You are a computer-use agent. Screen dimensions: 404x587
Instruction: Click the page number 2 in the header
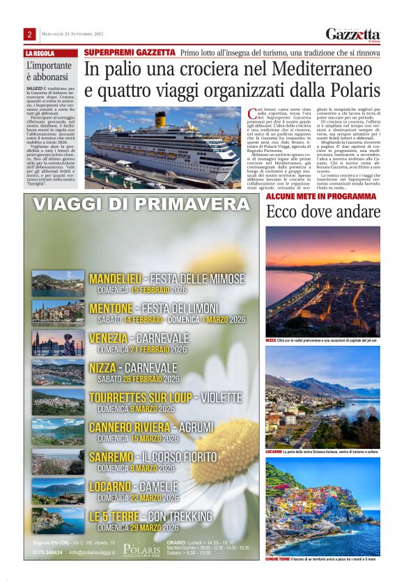pyautogui.click(x=30, y=34)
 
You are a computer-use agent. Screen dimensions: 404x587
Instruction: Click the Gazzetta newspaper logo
pyautogui.click(x=353, y=34)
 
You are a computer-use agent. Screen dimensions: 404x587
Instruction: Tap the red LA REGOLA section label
pyautogui.click(x=40, y=53)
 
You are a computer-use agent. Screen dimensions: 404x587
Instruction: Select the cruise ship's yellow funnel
pyautogui.click(x=161, y=119)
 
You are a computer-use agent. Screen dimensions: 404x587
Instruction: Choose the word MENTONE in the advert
pyautogui.click(x=111, y=307)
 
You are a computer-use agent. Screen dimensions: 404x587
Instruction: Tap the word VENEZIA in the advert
pyautogui.click(x=108, y=337)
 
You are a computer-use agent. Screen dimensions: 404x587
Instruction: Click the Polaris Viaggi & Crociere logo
pyautogui.click(x=141, y=549)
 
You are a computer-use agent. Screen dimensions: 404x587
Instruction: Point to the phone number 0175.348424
pyautogui.click(x=47, y=553)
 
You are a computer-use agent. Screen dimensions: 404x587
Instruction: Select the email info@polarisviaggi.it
pyautogui.click(x=92, y=553)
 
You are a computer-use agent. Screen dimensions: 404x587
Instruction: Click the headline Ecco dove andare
pyautogui.click(x=323, y=212)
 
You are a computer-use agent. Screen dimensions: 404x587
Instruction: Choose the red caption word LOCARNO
pyautogui.click(x=274, y=452)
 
